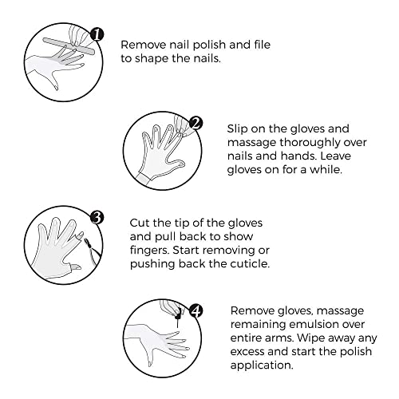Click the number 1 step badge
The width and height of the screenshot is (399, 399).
(x=97, y=34)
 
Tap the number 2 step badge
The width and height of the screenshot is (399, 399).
(x=195, y=124)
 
